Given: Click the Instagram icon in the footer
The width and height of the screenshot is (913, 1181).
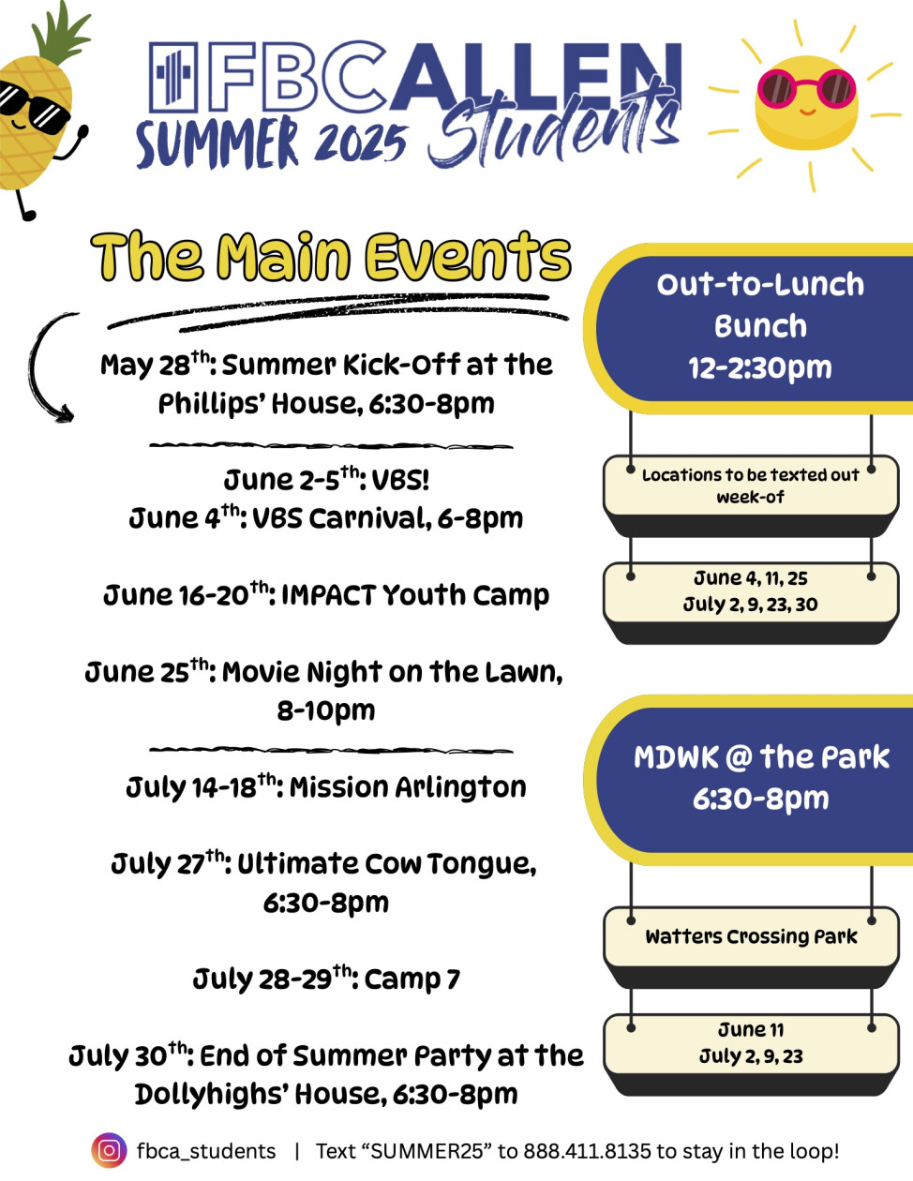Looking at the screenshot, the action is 110,1151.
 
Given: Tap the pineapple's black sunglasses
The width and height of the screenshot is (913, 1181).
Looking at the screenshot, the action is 33,106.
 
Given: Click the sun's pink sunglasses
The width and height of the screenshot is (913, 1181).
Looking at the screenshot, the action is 806,88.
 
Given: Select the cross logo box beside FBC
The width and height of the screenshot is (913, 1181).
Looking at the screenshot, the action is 173,76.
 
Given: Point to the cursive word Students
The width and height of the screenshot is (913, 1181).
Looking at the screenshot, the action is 554,127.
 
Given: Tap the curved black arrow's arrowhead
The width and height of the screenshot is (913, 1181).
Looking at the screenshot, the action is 63,413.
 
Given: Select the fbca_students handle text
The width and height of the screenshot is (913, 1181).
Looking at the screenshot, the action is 206,1152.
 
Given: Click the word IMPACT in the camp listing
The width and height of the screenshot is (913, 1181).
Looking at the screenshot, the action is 329,594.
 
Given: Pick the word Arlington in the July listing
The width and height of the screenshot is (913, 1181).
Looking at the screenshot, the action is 461,787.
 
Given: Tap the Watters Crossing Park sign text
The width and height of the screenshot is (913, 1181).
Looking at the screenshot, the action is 751,935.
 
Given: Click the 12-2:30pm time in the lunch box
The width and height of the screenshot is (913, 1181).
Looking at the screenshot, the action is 760,367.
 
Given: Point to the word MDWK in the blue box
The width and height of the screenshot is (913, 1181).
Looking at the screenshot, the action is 676,757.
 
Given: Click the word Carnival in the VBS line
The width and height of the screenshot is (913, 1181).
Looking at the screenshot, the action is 370,518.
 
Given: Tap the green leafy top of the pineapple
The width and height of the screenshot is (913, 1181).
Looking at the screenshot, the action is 60,33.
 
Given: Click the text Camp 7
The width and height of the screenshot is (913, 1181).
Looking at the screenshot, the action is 412,979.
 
